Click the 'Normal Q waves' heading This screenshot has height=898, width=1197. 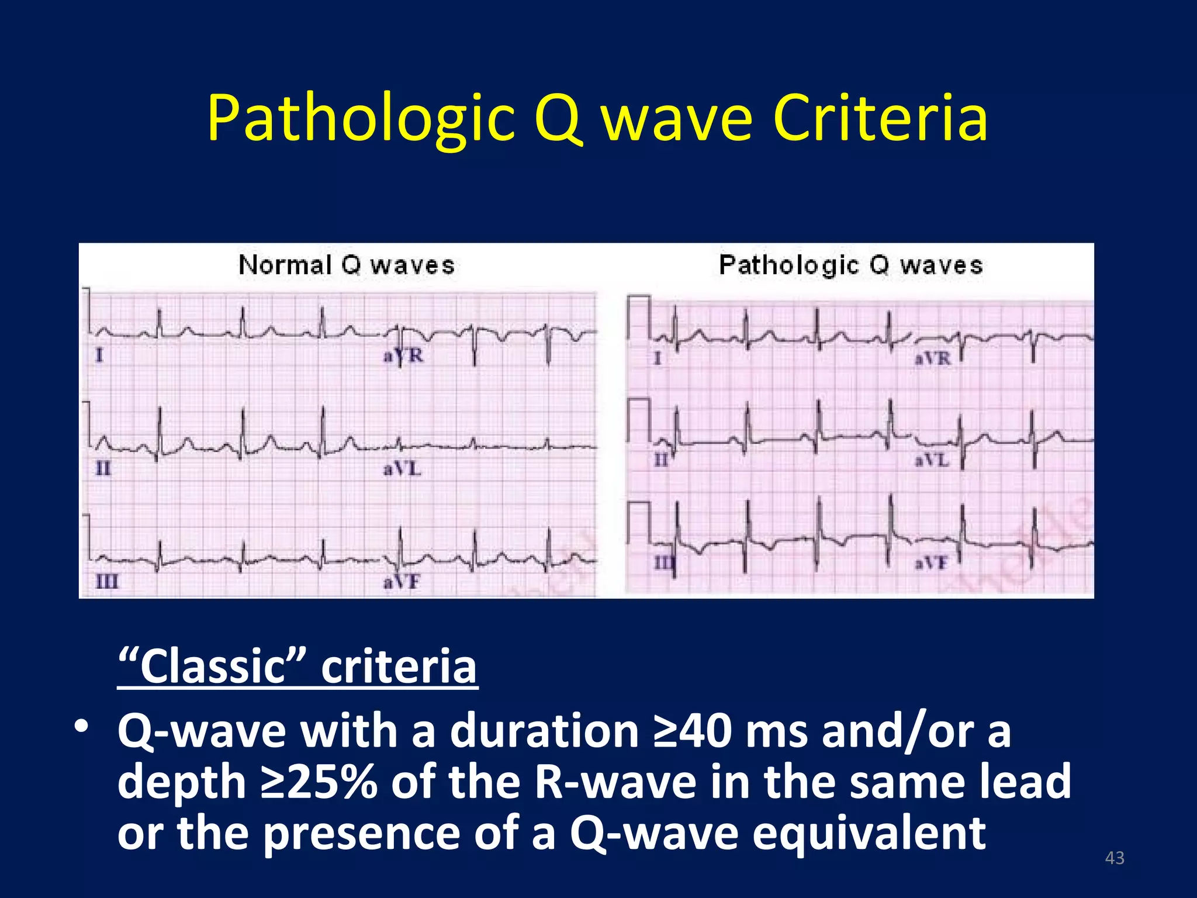pyautogui.click(x=346, y=265)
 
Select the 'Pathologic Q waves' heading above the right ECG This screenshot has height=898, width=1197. pyautogui.click(x=850, y=265)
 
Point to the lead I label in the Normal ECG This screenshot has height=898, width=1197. pyautogui.click(x=99, y=355)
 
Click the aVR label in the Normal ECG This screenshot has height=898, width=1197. pyautogui.click(x=403, y=355)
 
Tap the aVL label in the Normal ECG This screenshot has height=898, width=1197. pyautogui.click(x=402, y=469)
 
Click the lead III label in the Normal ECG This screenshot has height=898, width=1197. pyautogui.click(x=106, y=582)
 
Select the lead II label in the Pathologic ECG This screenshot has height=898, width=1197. pyautogui.click(x=660, y=461)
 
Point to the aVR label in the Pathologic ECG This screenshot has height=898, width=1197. pyautogui.click(x=933, y=358)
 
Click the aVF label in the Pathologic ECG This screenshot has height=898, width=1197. pyautogui.click(x=930, y=564)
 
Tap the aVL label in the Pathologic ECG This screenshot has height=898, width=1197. pyautogui.click(x=932, y=461)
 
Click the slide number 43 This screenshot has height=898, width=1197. pyautogui.click(x=1115, y=858)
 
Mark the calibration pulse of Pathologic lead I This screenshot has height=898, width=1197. pyautogui.click(x=639, y=316)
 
